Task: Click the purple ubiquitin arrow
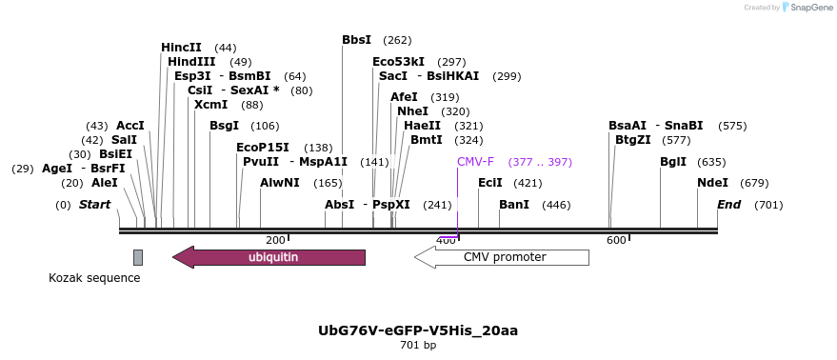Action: point(269,257)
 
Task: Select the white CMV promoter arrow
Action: point(502,257)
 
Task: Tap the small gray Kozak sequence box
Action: point(138,257)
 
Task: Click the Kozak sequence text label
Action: point(94,278)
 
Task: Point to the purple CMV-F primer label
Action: point(475,162)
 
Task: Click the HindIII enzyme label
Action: point(191,62)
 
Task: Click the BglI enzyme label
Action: point(672,162)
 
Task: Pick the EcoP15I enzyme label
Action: point(262,148)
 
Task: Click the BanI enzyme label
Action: point(514,205)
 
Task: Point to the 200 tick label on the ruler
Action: point(275,240)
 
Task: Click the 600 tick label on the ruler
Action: point(616,240)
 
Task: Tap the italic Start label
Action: point(94,205)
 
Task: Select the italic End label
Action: point(728,205)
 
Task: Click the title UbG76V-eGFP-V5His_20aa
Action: point(418,330)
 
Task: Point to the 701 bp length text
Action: point(418,346)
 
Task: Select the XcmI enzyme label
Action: point(210,105)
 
